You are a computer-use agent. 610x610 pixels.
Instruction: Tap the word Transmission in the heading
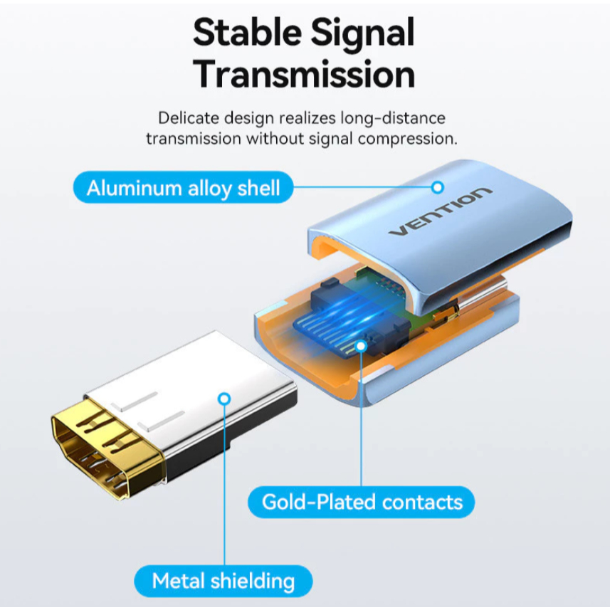pyautogui.click(x=305, y=75)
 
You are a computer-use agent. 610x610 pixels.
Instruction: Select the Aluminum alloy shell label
pyautogui.click(x=183, y=189)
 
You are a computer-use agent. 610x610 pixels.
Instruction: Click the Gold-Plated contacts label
pyautogui.click(x=362, y=502)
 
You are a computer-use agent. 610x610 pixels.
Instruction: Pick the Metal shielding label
pyautogui.click(x=223, y=582)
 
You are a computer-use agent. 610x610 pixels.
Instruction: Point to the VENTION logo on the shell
pyautogui.click(x=440, y=212)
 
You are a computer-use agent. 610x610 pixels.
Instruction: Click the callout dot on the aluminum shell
pyautogui.click(x=438, y=187)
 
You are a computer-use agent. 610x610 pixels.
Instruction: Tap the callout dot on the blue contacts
pyautogui.click(x=362, y=346)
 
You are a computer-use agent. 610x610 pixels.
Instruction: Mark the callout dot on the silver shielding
pyautogui.click(x=226, y=400)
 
